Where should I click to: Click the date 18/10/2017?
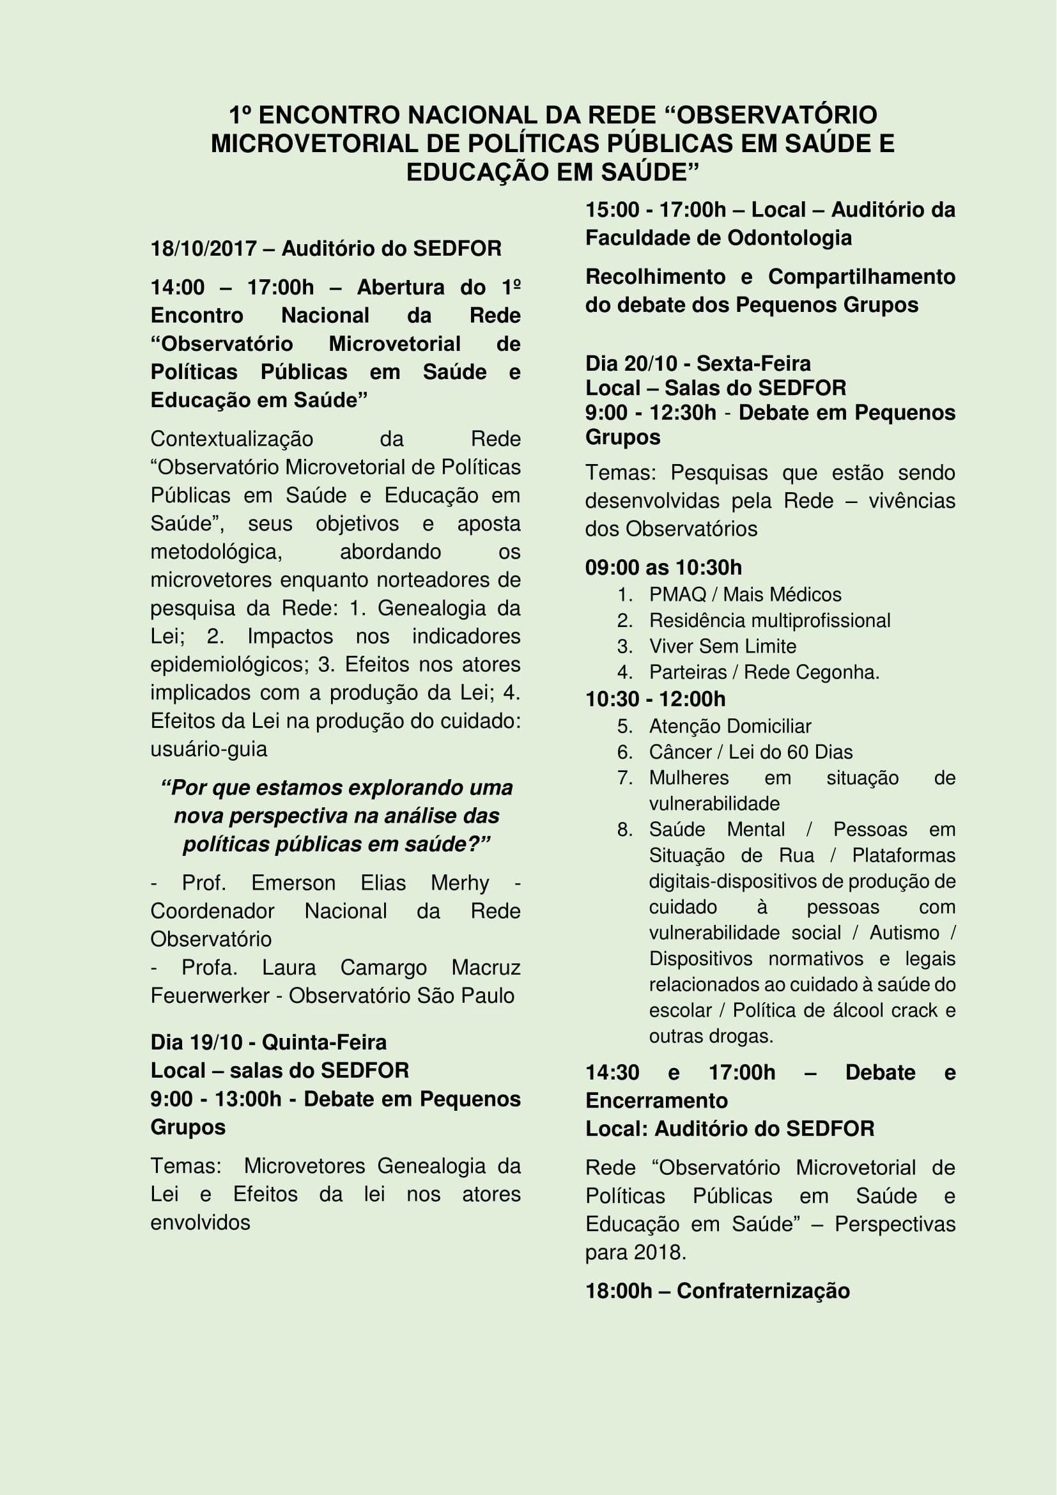203,248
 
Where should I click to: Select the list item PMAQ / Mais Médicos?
745,594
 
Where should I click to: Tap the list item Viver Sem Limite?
723,646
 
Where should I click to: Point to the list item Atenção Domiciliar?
730,726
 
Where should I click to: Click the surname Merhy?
459,883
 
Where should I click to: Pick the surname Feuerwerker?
210,996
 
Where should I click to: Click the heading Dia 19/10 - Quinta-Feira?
268,1042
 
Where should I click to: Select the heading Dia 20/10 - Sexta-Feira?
698,363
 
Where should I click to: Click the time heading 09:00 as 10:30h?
663,567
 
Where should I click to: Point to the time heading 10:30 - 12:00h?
655,699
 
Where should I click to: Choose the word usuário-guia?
208,749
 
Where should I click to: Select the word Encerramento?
656,1101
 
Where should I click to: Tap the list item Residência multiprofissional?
769,620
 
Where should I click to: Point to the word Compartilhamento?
861,277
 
